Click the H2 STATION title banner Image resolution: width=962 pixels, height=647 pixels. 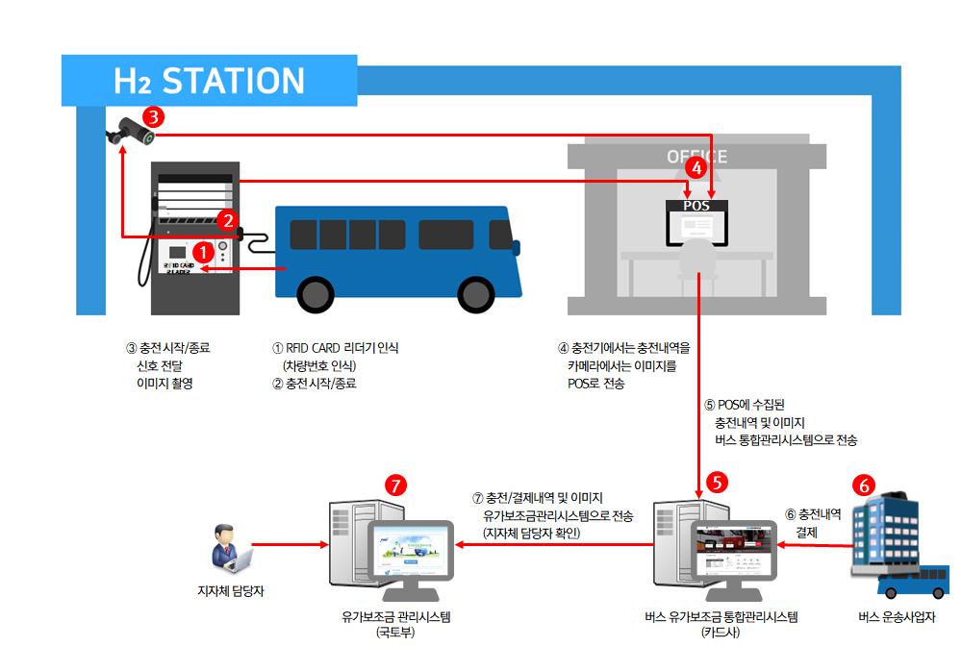[209, 81]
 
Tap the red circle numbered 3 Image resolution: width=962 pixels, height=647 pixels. [153, 117]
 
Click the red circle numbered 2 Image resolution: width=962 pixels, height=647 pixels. [228, 219]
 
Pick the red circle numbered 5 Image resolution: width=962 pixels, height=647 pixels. [717, 481]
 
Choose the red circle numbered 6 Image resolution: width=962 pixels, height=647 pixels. [865, 486]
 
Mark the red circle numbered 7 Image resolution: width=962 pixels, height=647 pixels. [395, 485]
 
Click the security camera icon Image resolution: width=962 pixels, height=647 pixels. [128, 132]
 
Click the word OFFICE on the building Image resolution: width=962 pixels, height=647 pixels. [696, 157]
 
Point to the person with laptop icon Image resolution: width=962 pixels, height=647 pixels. [229, 547]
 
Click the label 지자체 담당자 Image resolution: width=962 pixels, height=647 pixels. [230, 591]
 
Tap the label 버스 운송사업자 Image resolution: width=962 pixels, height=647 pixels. [896, 617]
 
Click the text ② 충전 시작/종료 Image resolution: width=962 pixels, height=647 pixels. [315, 384]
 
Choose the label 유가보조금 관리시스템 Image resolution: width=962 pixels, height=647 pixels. [395, 617]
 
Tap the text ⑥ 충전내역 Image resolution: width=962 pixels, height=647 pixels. [813, 514]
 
